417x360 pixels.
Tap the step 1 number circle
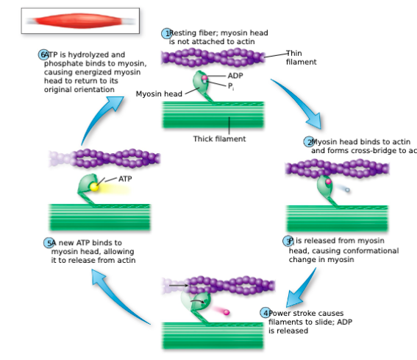167,34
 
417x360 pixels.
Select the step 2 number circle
309,141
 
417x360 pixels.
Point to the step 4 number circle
265,313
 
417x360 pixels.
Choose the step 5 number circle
49,243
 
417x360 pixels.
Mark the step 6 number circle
43,55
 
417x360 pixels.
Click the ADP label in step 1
235,75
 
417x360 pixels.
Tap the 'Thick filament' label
219,138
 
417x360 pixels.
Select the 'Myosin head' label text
159,93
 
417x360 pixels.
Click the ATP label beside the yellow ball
126,178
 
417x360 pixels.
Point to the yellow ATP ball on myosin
94,188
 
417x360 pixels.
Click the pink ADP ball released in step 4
226,313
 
